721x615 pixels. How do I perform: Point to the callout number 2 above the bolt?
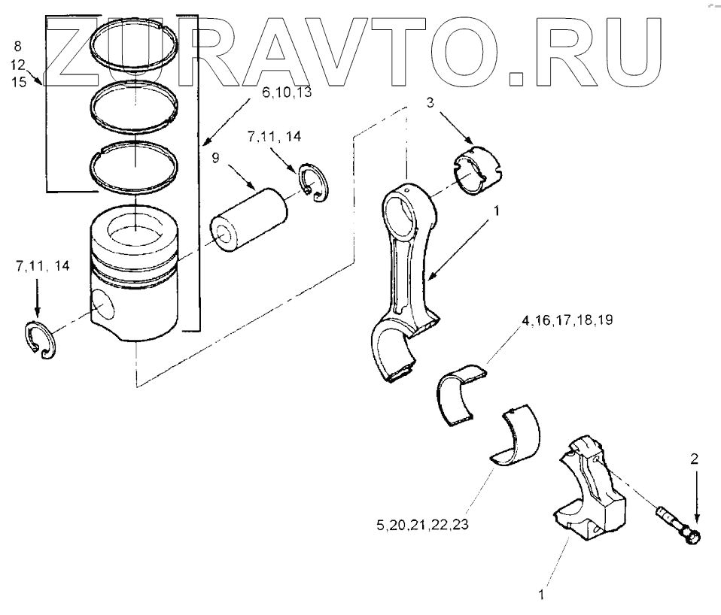point(694,457)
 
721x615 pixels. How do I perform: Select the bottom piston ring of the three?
point(134,162)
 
